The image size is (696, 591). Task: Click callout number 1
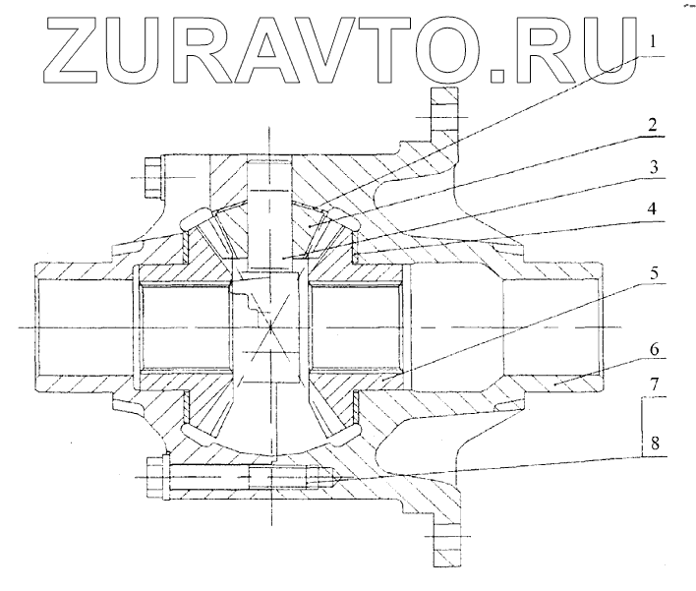[652, 41]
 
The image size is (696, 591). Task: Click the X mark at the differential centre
[267, 331]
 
